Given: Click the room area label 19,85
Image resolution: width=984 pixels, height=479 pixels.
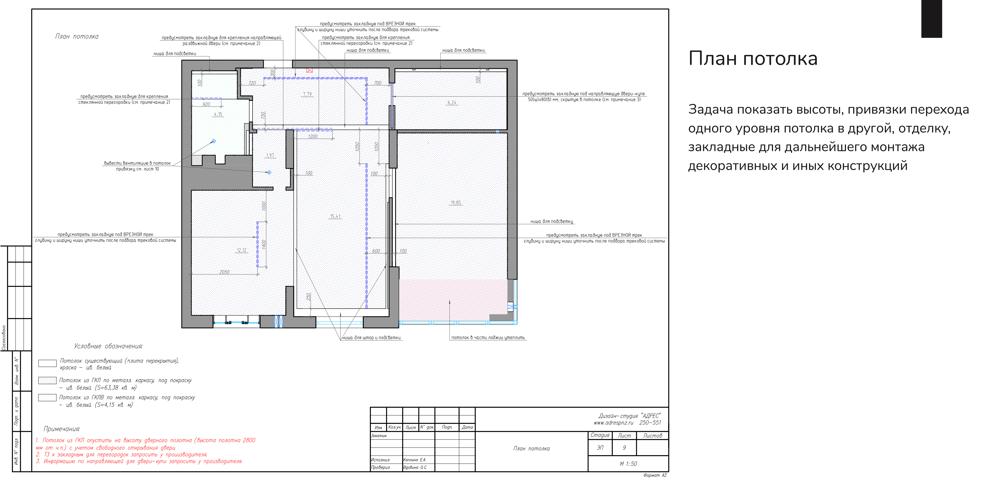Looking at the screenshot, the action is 456,203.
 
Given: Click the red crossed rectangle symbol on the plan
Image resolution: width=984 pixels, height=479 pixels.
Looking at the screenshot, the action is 309,70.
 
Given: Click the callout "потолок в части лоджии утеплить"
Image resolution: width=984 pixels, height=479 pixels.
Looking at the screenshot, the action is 488,338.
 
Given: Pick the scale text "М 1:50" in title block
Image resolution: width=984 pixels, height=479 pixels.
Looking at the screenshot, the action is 628,464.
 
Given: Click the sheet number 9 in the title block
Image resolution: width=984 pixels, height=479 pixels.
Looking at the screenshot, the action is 624,448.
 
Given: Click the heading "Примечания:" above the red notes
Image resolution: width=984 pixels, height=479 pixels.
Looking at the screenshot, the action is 62,429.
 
